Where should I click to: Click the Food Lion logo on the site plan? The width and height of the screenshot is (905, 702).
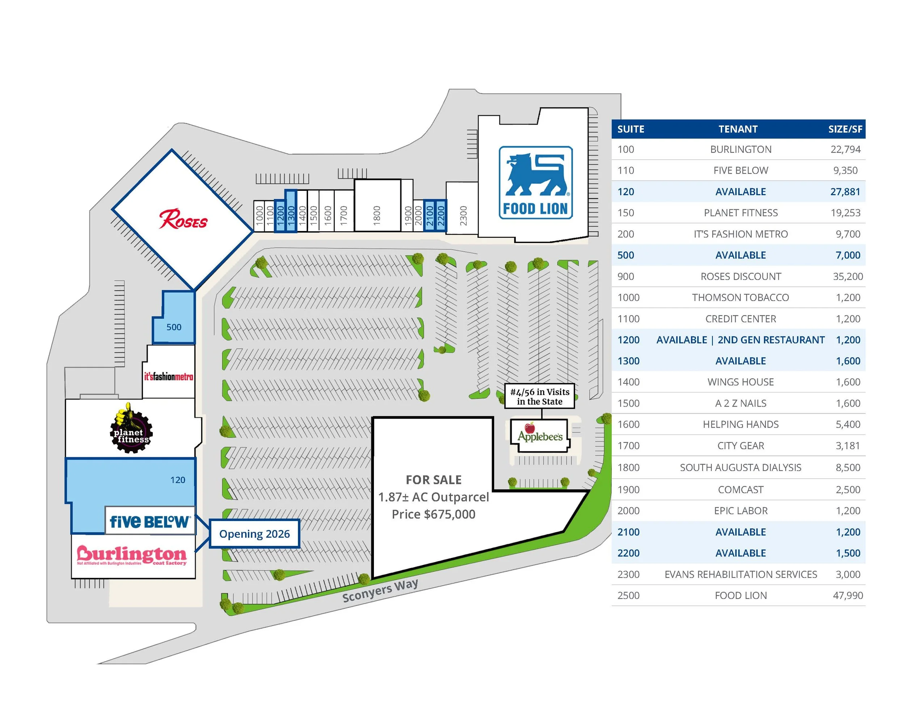(535, 182)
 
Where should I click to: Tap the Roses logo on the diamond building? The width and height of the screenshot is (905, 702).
(183, 219)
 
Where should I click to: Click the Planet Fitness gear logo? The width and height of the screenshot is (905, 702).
(131, 429)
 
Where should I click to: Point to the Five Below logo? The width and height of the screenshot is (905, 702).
(150, 521)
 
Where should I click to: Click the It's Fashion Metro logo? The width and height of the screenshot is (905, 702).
(169, 377)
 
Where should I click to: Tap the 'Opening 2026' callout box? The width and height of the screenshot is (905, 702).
(254, 534)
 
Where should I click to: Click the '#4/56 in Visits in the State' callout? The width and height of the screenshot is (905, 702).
(539, 396)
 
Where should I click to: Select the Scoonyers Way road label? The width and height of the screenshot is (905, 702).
(380, 590)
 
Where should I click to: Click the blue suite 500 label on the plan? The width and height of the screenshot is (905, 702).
(174, 327)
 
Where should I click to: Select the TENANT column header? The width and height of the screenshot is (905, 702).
(738, 129)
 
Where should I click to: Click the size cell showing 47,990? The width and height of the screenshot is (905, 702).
(848, 596)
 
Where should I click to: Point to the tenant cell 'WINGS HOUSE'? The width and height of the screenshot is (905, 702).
(741, 382)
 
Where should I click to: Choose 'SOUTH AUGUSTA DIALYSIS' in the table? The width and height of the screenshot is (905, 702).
(741, 467)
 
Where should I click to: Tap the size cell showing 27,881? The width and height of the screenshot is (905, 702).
(845, 192)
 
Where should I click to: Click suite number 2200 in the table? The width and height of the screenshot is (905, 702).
(628, 553)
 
